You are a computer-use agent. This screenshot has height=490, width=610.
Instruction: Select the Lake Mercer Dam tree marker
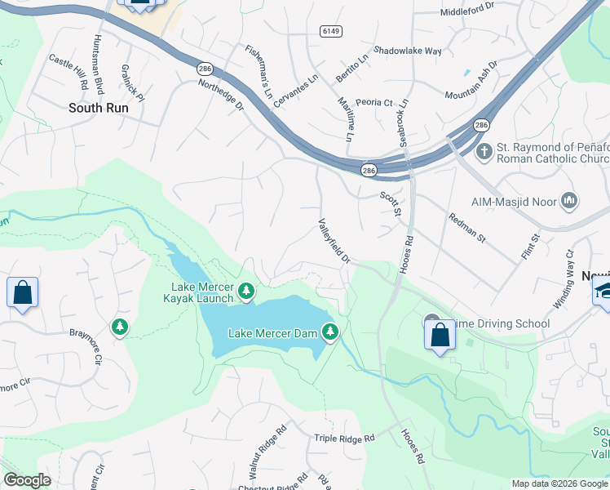click(x=329, y=332)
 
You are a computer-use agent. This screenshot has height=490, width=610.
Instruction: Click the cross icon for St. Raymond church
click(x=484, y=150)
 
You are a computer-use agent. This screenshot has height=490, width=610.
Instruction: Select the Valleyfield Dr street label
click(x=334, y=241)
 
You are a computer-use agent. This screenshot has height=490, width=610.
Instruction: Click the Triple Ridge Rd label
click(x=344, y=439)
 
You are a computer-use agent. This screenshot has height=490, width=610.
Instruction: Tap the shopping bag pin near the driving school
click(x=440, y=335)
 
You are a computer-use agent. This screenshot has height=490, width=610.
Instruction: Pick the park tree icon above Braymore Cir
click(x=121, y=327)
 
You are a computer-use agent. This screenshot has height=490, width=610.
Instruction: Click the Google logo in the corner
click(x=27, y=480)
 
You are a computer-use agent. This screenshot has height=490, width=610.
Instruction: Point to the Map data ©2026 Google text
click(x=559, y=483)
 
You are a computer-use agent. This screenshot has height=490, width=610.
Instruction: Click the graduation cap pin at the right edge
click(x=603, y=291)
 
